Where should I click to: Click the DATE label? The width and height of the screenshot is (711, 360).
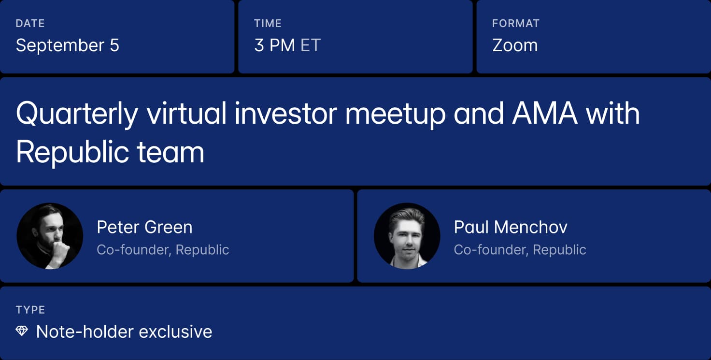pyautogui.click(x=30, y=24)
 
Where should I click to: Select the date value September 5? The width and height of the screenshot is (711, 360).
pyautogui.click(x=68, y=45)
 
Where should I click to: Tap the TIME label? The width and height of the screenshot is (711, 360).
pyautogui.click(x=268, y=24)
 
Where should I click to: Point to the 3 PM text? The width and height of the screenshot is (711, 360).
pyautogui.click(x=274, y=45)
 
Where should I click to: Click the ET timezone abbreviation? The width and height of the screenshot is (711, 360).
pyautogui.click(x=311, y=45)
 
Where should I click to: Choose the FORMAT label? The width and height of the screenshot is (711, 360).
pyautogui.click(x=516, y=24)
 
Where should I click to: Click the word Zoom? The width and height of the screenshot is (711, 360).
pyautogui.click(x=515, y=45)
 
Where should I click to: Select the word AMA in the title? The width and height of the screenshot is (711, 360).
pyautogui.click(x=545, y=113)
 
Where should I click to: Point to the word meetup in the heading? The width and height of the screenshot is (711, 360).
pyautogui.click(x=396, y=115)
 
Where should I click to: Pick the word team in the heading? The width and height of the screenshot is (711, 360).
pyautogui.click(x=170, y=152)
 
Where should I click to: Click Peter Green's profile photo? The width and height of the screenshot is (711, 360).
pyautogui.click(x=50, y=236)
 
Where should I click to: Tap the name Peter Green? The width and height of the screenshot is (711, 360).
pyautogui.click(x=144, y=227)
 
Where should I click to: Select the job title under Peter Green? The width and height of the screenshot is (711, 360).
pyautogui.click(x=163, y=250)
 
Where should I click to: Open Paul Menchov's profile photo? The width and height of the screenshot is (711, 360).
pyautogui.click(x=407, y=236)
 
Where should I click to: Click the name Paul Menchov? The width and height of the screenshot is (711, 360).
pyautogui.click(x=511, y=227)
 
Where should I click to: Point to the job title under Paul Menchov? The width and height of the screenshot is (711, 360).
pyautogui.click(x=520, y=250)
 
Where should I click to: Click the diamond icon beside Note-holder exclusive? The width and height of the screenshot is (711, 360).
pyautogui.click(x=22, y=331)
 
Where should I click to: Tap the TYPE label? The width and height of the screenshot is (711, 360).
pyautogui.click(x=30, y=310)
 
